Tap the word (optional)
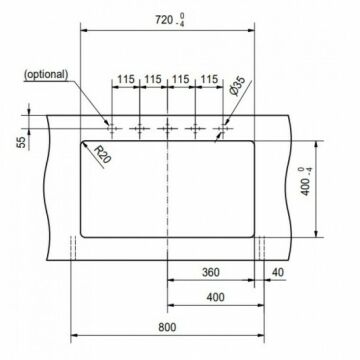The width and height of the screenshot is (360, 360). pos(46,74)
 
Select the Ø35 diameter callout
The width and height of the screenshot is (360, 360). pos(238,86)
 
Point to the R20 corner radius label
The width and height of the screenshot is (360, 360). pos(102,154)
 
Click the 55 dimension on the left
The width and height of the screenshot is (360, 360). pos(21,142)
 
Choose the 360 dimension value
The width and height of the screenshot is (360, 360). pos(211,272)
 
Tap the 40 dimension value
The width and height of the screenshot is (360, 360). pos(277,272)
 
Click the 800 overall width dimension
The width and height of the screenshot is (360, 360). pos(167,327)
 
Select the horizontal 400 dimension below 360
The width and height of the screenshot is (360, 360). pos(215,297)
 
